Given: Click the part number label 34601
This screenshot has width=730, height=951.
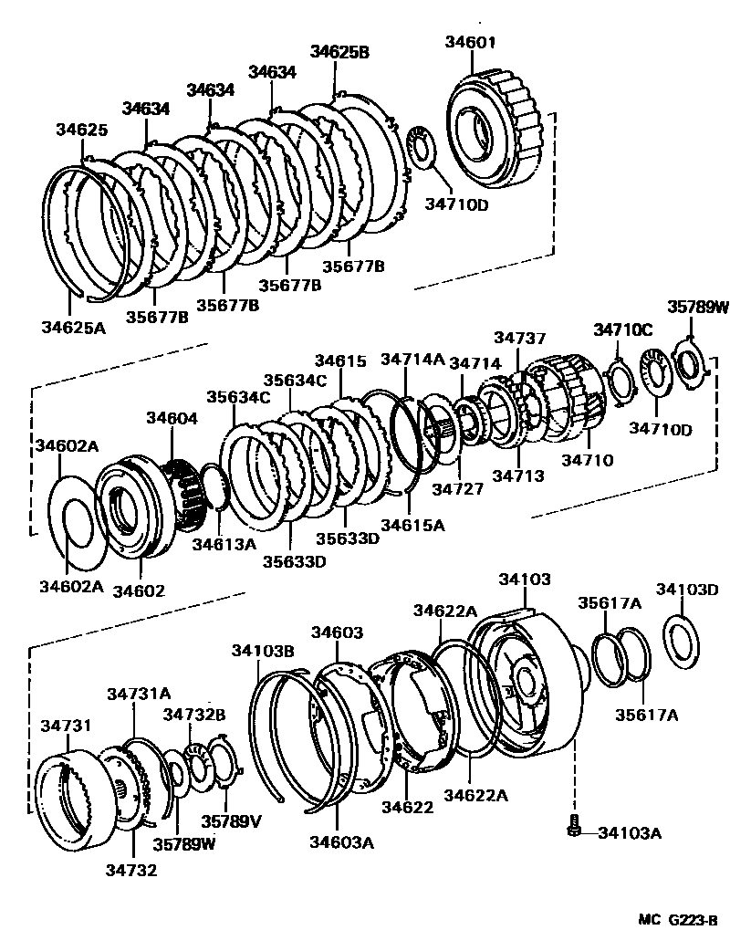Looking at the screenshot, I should pos(471,41).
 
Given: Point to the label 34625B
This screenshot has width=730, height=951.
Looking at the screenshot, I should pos(339,52).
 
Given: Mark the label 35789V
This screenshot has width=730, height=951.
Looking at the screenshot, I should pos(231,820).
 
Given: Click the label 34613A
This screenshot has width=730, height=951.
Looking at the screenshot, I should pos(224,544).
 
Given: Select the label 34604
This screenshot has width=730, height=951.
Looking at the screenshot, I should pos(172,417).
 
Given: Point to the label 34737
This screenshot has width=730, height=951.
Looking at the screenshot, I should pos(518,339).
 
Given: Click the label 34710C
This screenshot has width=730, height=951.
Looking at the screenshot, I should pos(623,329).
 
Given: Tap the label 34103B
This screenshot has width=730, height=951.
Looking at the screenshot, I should pos(262,650).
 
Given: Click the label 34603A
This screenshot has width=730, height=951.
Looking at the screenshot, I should pos(341,842).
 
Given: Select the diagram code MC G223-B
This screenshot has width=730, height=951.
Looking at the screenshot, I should pos(671,922).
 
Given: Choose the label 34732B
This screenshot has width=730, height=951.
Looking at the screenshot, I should pos(194,714).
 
